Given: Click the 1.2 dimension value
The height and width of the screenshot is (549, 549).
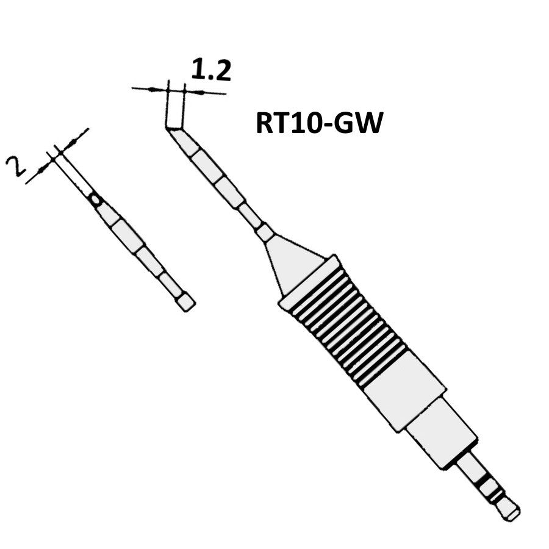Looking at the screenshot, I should point(211,70).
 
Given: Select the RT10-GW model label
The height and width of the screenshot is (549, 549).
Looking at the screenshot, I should point(318,124).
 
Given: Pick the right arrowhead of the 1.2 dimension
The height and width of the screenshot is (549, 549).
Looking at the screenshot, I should point(193,92).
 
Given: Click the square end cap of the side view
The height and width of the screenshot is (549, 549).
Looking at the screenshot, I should point(187,303).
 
